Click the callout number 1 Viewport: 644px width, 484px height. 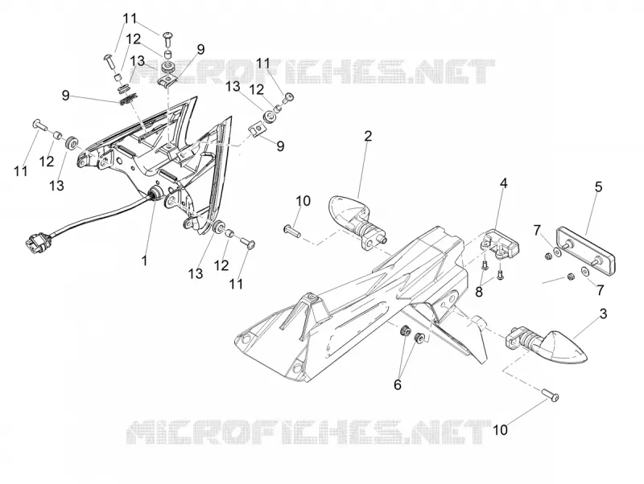pyautogui.click(x=144, y=260)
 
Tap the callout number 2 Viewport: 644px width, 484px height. pyautogui.click(x=368, y=136)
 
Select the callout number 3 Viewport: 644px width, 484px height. pyautogui.click(x=603, y=314)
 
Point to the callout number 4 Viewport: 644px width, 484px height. pyautogui.click(x=504, y=183)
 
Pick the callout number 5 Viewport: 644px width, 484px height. pyautogui.click(x=598, y=187)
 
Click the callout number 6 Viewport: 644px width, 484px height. pyautogui.click(x=397, y=385)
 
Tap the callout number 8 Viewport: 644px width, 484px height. pyautogui.click(x=479, y=292)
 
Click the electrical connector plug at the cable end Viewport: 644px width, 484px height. pyautogui.click(x=39, y=240)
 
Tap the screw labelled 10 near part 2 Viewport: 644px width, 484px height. pyautogui.click(x=292, y=230)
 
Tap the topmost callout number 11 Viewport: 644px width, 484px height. pyautogui.click(x=130, y=18)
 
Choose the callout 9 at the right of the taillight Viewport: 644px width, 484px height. pyautogui.click(x=280, y=146)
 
